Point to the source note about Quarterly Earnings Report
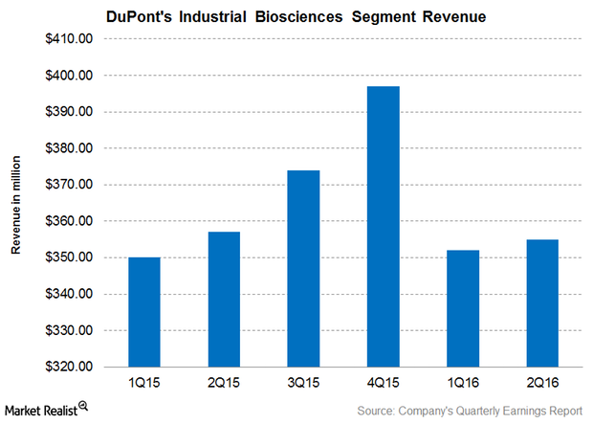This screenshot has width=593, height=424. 470,411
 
